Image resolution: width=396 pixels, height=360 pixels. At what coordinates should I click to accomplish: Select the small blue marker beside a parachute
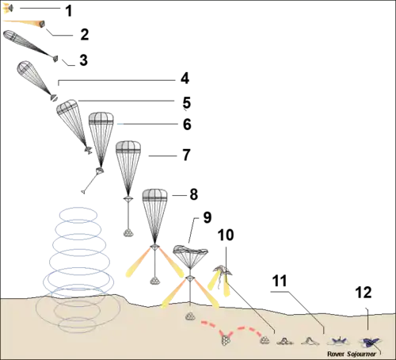pos(119,124)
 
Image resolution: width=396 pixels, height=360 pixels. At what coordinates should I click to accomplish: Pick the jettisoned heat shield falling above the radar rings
pos(85,191)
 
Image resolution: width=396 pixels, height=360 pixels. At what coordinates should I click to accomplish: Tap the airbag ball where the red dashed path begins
pos(190,316)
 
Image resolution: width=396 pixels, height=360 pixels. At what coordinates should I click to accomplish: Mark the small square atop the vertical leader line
pos(365,307)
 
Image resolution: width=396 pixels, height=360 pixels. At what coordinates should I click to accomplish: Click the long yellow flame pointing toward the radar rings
pos(134,267)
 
